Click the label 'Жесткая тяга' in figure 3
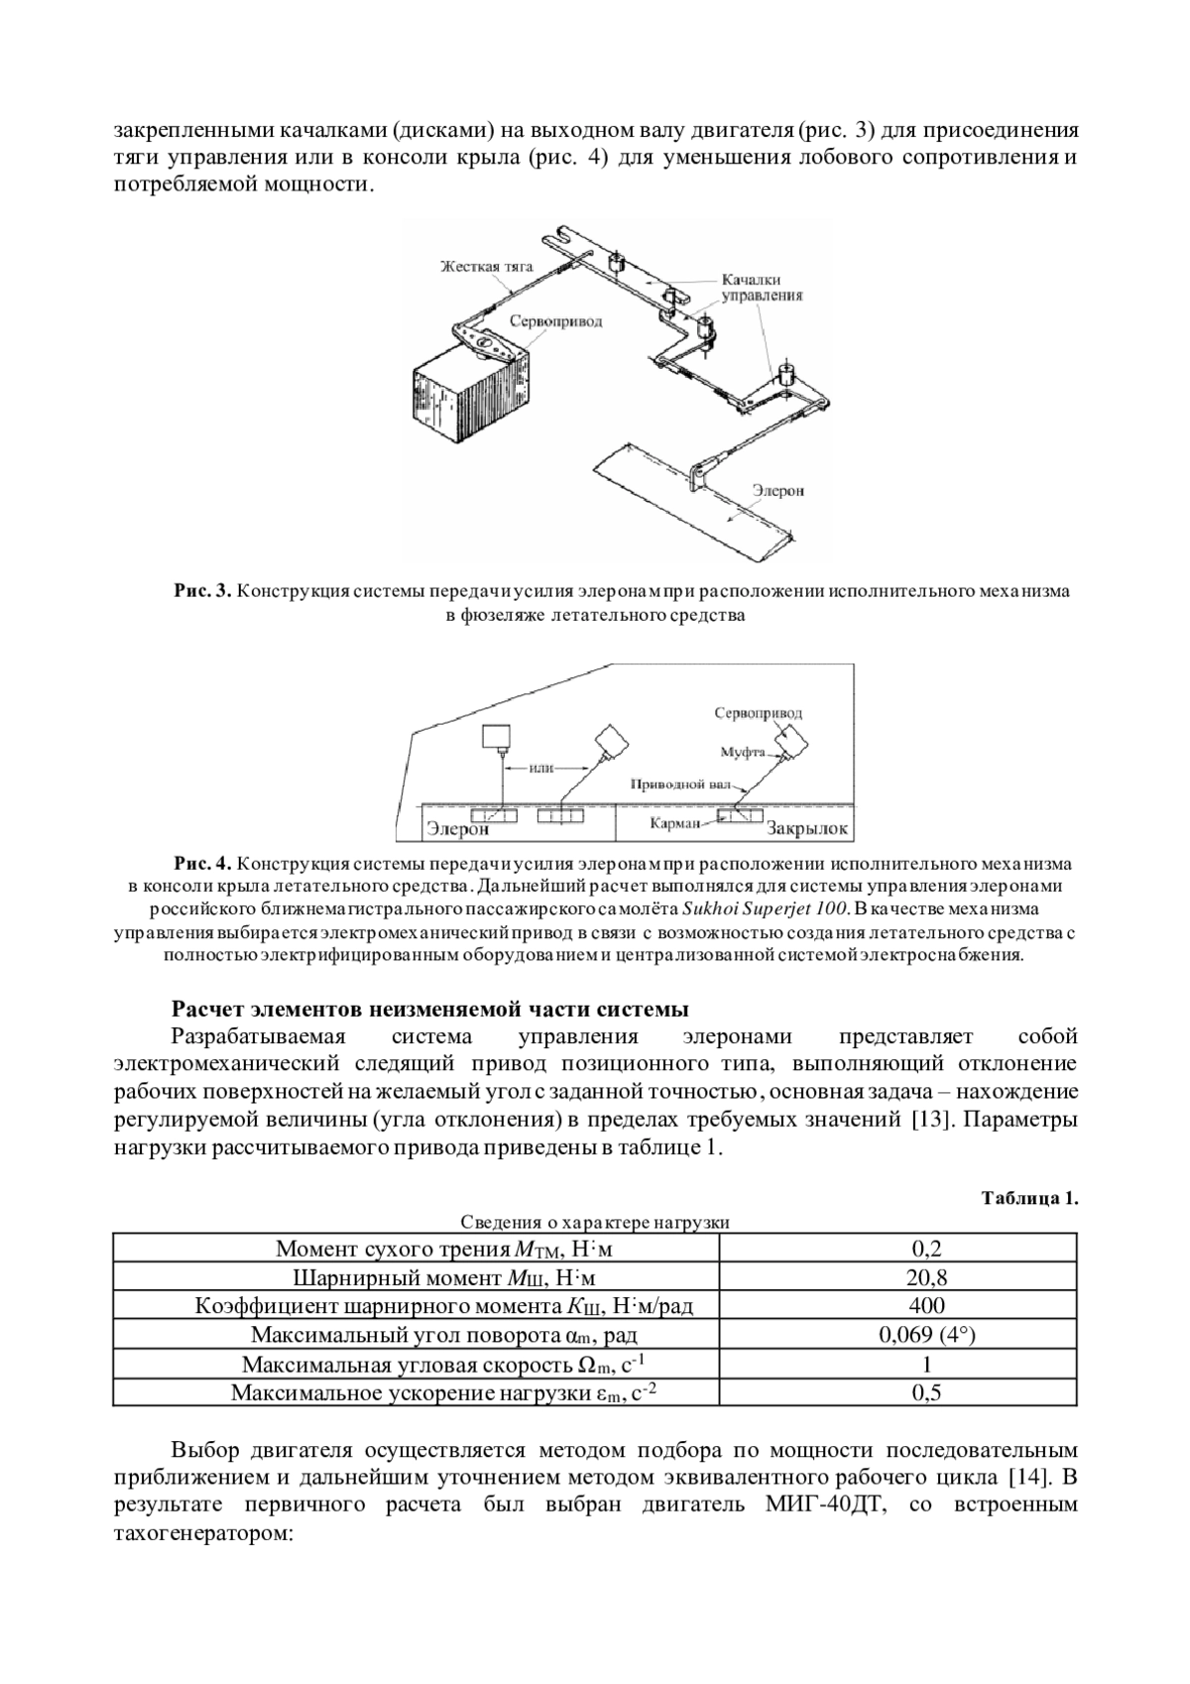(487, 267)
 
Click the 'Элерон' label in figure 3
(777, 490)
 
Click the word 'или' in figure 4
(540, 767)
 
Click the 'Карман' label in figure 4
(675, 822)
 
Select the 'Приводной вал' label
(684, 783)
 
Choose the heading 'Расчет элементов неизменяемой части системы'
(429, 1011)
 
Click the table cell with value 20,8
(927, 1276)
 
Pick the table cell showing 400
(926, 1305)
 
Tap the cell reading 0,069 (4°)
(927, 1334)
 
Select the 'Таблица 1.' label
(1029, 1198)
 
